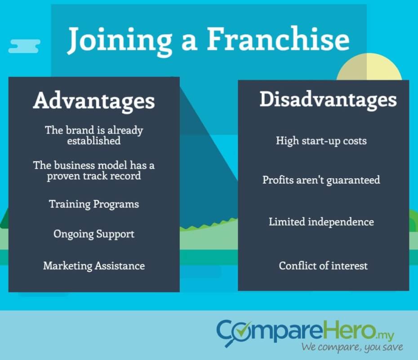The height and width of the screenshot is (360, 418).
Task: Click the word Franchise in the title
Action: click(x=278, y=39)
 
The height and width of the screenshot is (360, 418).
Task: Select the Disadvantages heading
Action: click(x=328, y=100)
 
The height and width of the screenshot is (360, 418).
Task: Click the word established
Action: click(x=94, y=141)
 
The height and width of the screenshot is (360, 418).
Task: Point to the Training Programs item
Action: click(x=94, y=204)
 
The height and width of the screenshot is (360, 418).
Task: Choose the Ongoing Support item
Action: click(x=94, y=234)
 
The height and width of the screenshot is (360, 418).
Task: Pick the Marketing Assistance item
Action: click(x=94, y=266)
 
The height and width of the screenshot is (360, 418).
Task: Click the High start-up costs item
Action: click(x=321, y=141)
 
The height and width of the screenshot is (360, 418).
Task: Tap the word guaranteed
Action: click(x=353, y=180)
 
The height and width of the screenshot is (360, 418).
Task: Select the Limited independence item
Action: click(x=321, y=222)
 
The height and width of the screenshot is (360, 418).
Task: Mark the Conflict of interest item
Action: click(x=323, y=266)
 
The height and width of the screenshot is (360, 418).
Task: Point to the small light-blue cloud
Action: click(x=24, y=46)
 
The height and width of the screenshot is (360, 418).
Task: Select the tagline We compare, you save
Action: click(x=352, y=347)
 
